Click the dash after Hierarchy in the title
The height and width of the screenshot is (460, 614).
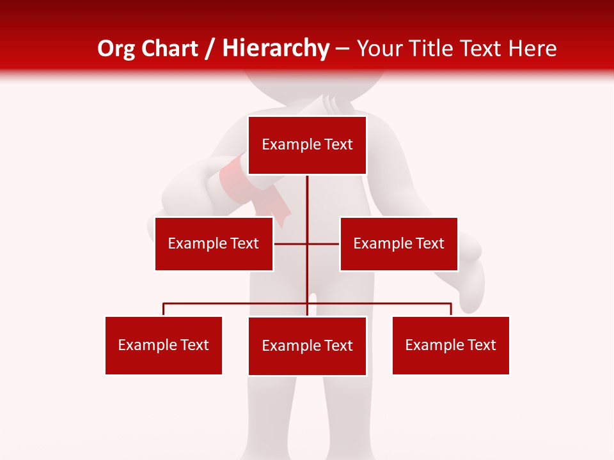(x=342, y=49)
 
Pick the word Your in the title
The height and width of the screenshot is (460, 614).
(x=379, y=49)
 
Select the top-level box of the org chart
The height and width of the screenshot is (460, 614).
(x=307, y=145)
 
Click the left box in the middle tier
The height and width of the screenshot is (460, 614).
(x=214, y=243)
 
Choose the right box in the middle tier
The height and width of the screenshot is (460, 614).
(x=398, y=243)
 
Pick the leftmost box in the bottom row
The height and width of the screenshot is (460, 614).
(x=164, y=345)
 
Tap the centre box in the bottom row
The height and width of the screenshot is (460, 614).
(x=307, y=346)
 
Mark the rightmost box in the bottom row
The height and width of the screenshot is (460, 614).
(x=451, y=345)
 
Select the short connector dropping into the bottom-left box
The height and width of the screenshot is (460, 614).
(x=164, y=309)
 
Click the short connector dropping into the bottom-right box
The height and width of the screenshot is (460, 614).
(x=451, y=309)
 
